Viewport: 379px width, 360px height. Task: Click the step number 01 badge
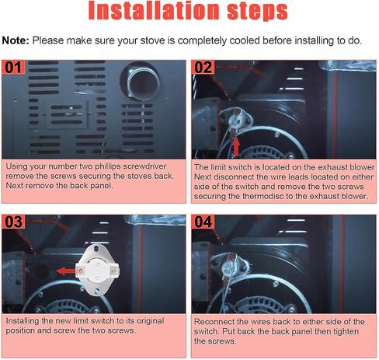[x=13, y=67]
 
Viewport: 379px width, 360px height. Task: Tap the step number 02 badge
[x=203, y=67]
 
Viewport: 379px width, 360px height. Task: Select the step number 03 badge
[x=13, y=222]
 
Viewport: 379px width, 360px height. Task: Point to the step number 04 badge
[x=203, y=222]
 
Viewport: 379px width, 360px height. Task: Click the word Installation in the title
[x=154, y=11]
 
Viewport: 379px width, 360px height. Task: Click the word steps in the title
[x=258, y=12]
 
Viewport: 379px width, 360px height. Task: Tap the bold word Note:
[x=16, y=40]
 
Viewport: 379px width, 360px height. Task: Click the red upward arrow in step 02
[x=236, y=146]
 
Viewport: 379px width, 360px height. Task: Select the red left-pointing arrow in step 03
[x=66, y=271]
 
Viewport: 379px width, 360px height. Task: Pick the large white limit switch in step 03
[x=97, y=270]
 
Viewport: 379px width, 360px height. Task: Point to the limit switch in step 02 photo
[x=235, y=120]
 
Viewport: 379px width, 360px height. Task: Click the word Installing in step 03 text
[x=23, y=321]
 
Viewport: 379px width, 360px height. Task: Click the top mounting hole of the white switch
[x=96, y=249]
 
